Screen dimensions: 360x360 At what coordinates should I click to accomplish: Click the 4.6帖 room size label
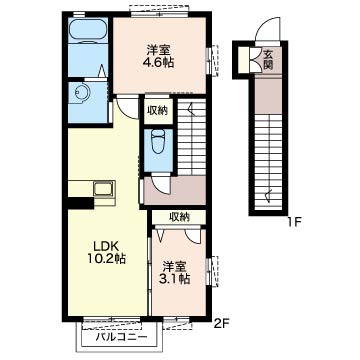pos(160,63)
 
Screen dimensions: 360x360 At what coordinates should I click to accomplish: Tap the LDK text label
pos(106,246)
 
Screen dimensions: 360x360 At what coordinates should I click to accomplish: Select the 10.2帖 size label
pos(106,259)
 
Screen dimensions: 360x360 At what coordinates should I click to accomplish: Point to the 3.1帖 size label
pos(174,278)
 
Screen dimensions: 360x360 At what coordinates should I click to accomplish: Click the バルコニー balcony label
pos(121,337)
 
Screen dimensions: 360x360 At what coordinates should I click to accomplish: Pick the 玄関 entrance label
pos(268,59)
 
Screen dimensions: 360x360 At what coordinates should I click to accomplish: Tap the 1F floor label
pos(295,221)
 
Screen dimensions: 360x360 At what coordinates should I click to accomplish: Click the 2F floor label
pos(221,323)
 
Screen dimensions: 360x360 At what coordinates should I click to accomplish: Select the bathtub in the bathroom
pos(88,30)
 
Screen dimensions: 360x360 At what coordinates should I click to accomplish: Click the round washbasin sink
pos(81,91)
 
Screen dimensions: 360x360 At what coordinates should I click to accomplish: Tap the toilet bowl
pos(158,141)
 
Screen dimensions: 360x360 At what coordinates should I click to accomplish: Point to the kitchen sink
pos(104,189)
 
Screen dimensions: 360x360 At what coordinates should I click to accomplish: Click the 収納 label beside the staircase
pos(158,110)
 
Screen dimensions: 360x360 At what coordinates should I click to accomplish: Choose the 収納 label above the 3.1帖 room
pos(179,217)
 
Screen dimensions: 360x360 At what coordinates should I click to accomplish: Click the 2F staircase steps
pos(191,137)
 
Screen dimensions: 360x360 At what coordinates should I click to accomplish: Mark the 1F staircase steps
pos(269,162)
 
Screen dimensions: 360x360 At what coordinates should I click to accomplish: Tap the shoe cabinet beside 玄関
pos(244,59)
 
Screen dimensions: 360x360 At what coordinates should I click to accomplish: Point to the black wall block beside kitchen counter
pos(81,203)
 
